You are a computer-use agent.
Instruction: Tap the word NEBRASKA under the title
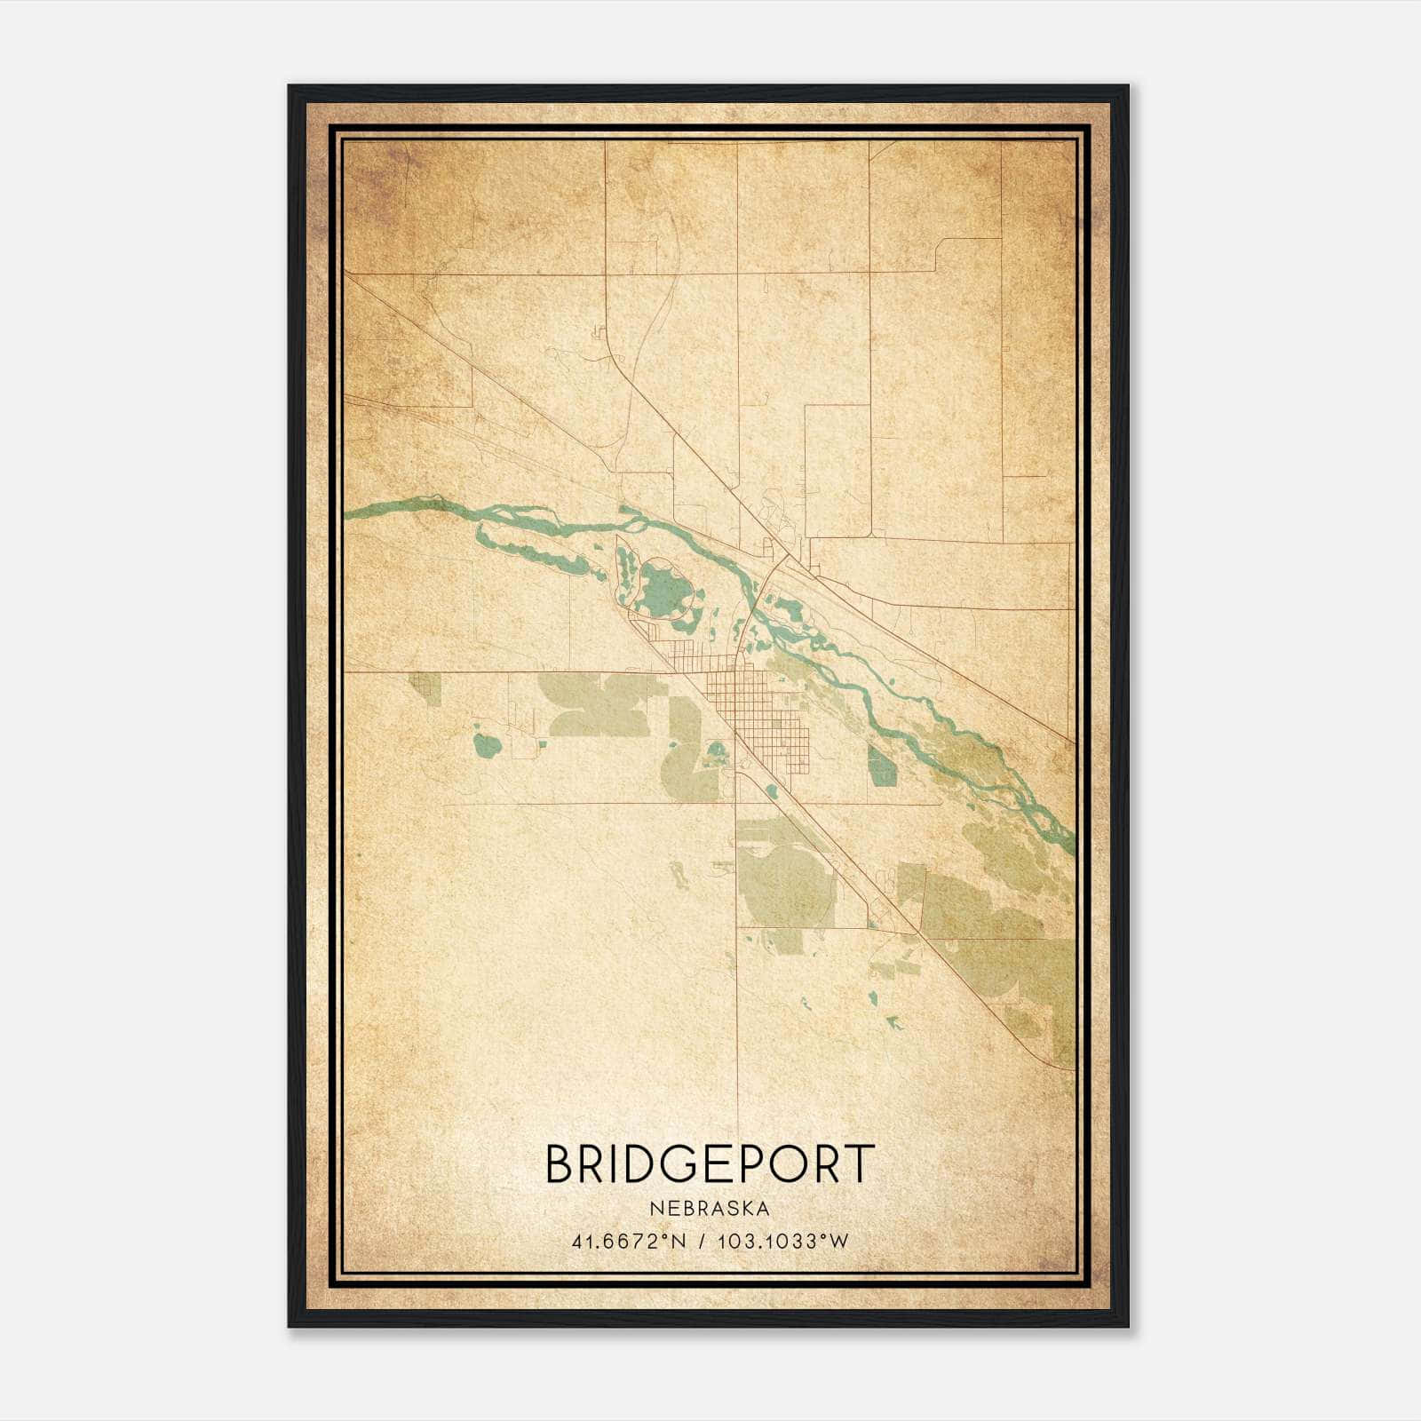point(710,1208)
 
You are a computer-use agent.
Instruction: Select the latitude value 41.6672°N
point(629,1241)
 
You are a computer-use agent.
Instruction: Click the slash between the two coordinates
point(703,1241)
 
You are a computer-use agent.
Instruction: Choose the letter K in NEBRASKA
point(744,1208)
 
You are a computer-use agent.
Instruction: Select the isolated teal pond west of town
point(486,744)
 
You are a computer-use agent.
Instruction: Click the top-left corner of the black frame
point(290,87)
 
